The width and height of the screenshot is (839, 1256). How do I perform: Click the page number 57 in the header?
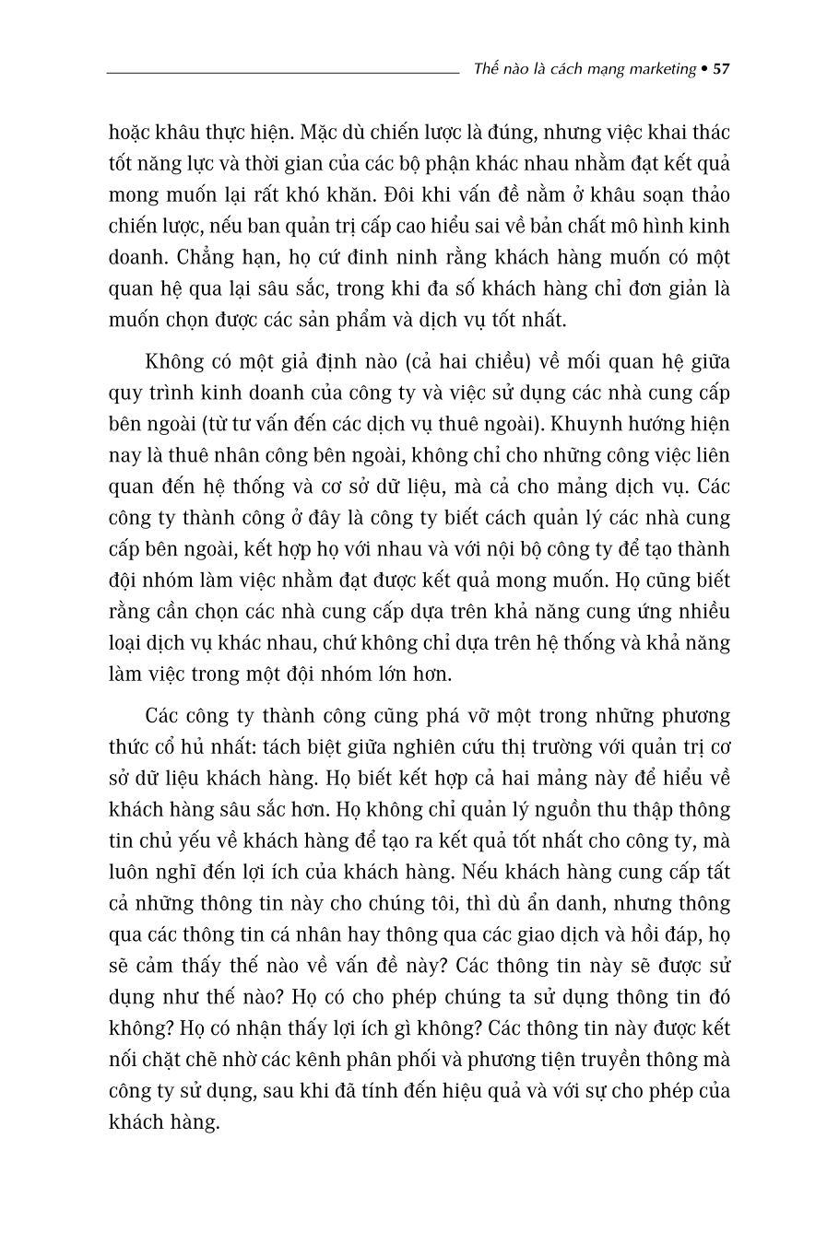pyautogui.click(x=722, y=69)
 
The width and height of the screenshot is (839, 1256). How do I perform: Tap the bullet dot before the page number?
pyautogui.click(x=705, y=69)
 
